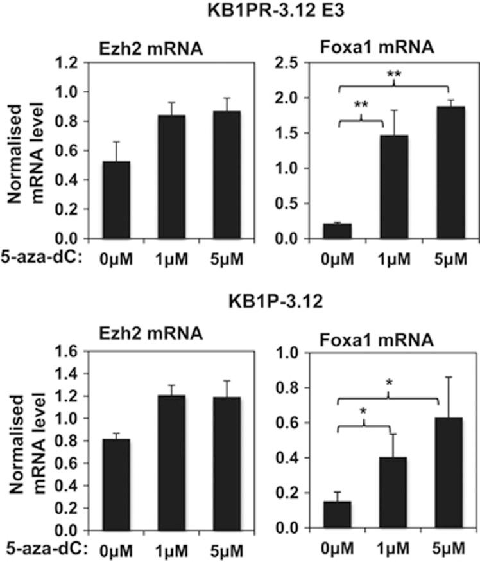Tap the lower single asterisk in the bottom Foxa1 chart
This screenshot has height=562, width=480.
363,410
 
